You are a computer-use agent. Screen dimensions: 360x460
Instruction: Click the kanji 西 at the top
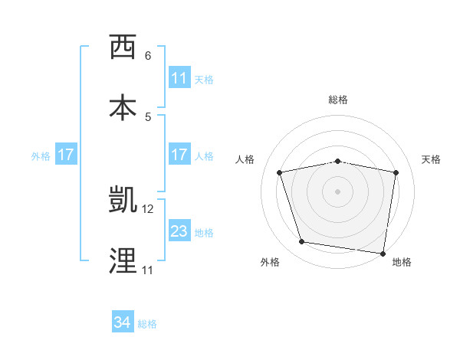click(123, 47)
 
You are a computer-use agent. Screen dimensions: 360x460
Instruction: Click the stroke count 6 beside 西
click(148, 56)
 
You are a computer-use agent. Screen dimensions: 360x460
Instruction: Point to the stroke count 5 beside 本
click(148, 116)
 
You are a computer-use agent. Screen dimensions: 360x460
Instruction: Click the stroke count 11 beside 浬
click(147, 270)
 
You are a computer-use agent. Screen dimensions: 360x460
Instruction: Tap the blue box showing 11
click(179, 78)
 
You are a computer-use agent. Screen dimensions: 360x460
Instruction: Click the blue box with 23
click(179, 231)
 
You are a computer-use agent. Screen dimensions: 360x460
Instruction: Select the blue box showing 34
click(123, 323)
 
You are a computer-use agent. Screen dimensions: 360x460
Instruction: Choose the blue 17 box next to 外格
click(66, 155)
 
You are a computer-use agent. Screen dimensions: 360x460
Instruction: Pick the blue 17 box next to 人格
click(179, 155)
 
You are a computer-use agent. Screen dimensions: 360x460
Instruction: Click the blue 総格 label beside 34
click(147, 324)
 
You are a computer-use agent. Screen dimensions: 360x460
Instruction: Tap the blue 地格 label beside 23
click(204, 232)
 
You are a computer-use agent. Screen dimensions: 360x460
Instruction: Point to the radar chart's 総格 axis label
click(338, 100)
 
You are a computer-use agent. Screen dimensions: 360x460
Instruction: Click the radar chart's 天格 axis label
click(432, 159)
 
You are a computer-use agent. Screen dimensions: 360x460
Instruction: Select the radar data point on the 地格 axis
click(383, 253)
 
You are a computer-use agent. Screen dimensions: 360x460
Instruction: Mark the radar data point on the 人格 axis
click(280, 172)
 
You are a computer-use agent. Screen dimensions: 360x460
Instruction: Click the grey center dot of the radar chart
click(338, 191)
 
